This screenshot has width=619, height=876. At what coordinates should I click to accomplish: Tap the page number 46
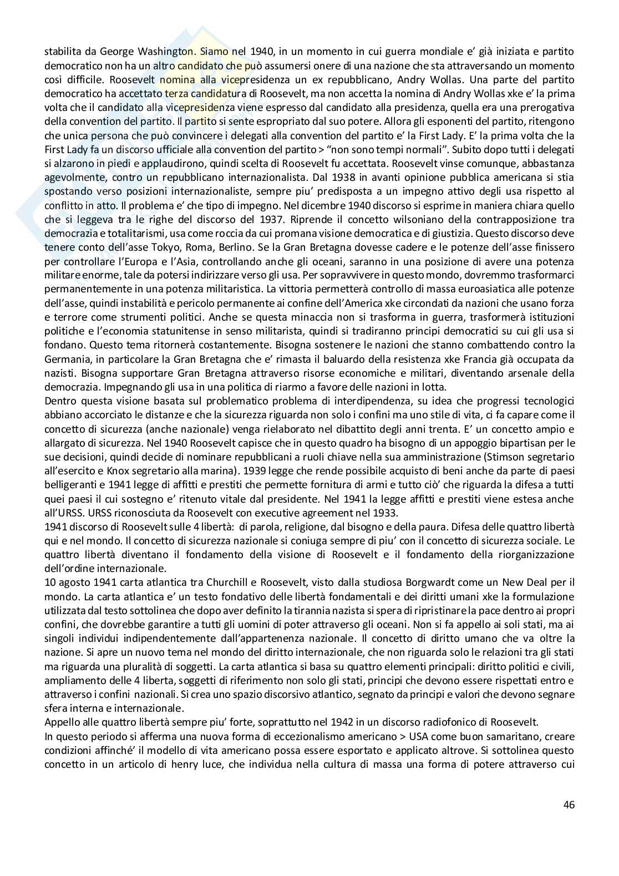pyautogui.click(x=569, y=803)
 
